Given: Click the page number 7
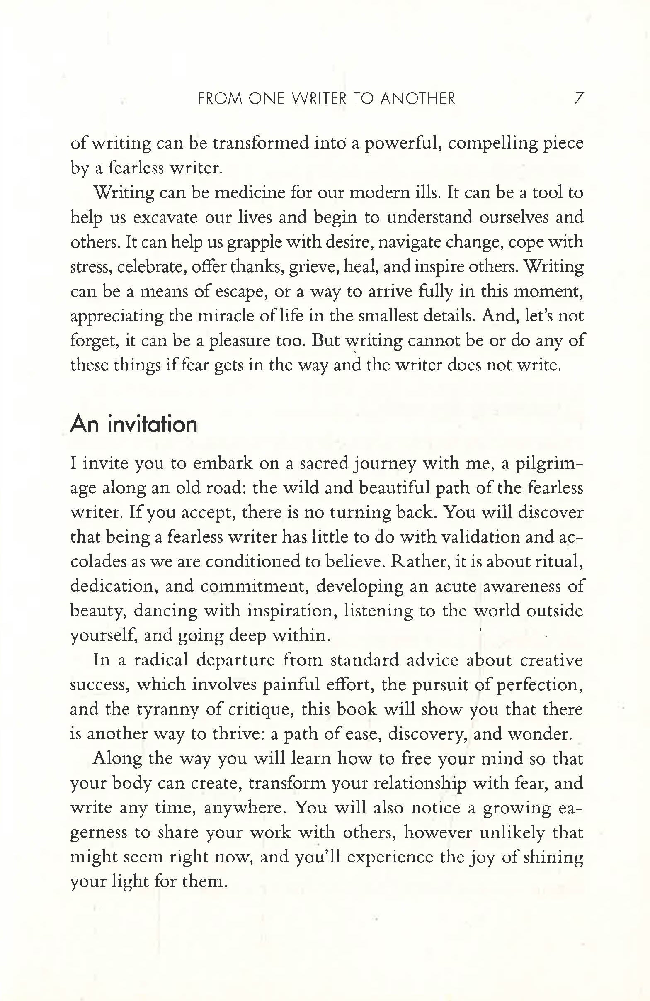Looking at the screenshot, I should click(579, 98).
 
